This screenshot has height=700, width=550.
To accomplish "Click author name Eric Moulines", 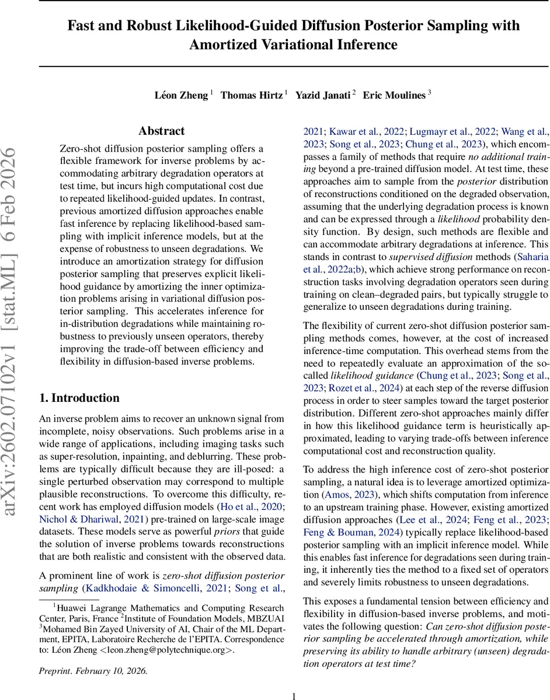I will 394,96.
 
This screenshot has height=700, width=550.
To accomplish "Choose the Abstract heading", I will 162,131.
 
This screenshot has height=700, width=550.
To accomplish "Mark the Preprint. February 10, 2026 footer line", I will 93,671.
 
